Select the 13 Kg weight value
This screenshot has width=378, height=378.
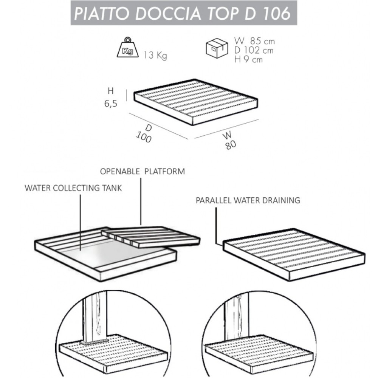[155, 55]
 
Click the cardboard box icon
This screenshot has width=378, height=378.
[217, 48]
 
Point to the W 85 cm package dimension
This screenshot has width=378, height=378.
[254, 41]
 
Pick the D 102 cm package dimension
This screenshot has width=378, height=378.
[254, 50]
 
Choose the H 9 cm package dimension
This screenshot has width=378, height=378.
[248, 59]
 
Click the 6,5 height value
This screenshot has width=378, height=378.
[111, 104]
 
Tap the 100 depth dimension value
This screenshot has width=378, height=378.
[144, 137]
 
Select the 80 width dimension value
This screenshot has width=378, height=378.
[231, 145]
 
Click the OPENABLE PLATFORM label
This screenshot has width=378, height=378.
[143, 171]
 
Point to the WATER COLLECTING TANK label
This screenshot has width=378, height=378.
[73, 188]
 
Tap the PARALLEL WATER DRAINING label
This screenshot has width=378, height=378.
[248, 200]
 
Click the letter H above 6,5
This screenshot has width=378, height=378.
[111, 91]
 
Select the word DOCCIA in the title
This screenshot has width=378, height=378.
[168, 13]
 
